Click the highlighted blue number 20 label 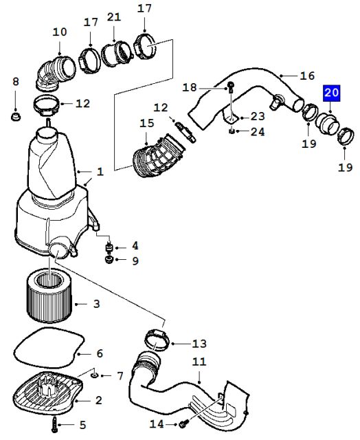pos(332,93)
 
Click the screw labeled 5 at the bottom pos(54,424)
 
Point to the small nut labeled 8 pos(16,116)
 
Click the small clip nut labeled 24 pos(232,131)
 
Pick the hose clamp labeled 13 pos(157,340)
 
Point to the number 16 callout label pos(308,76)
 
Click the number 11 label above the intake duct pos(199,361)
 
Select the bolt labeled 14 pos(183,423)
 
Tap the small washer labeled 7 pos(95,375)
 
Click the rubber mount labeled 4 pos(109,247)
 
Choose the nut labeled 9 pos(109,259)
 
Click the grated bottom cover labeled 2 pos(47,393)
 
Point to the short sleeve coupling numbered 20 pos(328,124)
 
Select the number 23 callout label pos(258,116)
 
